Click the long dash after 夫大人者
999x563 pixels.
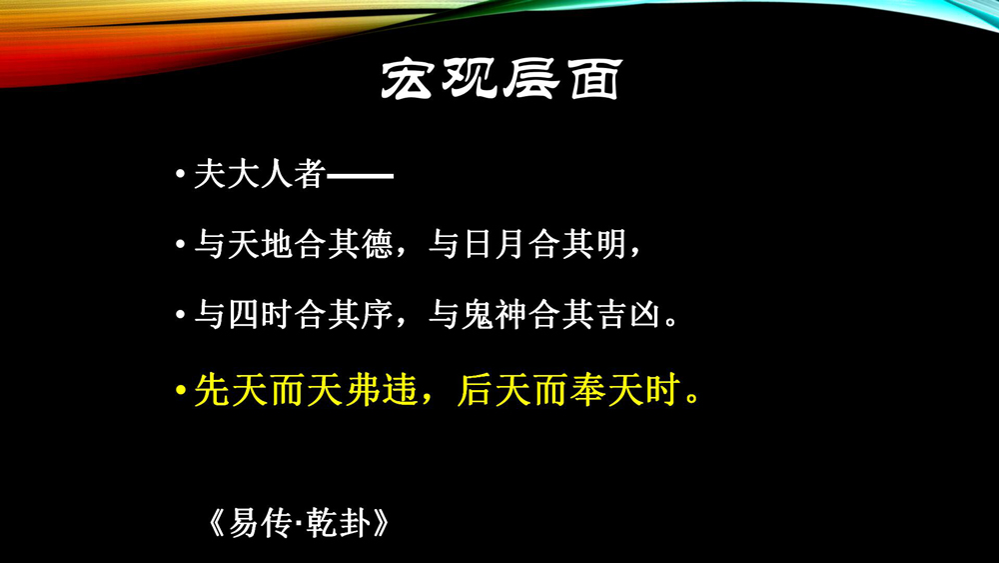click(x=360, y=175)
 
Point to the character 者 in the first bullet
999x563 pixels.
click(x=310, y=174)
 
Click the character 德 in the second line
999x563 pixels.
click(x=378, y=244)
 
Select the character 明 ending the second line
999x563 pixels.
click(x=610, y=244)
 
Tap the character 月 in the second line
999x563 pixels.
click(x=510, y=244)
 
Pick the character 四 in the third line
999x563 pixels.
click(x=244, y=315)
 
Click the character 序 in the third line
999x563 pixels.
click(x=378, y=315)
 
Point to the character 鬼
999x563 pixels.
click(x=478, y=315)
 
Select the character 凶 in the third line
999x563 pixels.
click(x=644, y=315)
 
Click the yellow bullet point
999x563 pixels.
click(x=181, y=390)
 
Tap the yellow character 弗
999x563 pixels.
click(x=363, y=390)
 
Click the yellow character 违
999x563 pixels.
click(x=401, y=390)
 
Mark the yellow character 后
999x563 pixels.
click(x=476, y=390)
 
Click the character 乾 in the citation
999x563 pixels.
click(x=322, y=523)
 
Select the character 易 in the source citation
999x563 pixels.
click(x=244, y=523)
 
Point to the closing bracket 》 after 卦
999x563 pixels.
click(x=381, y=523)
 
